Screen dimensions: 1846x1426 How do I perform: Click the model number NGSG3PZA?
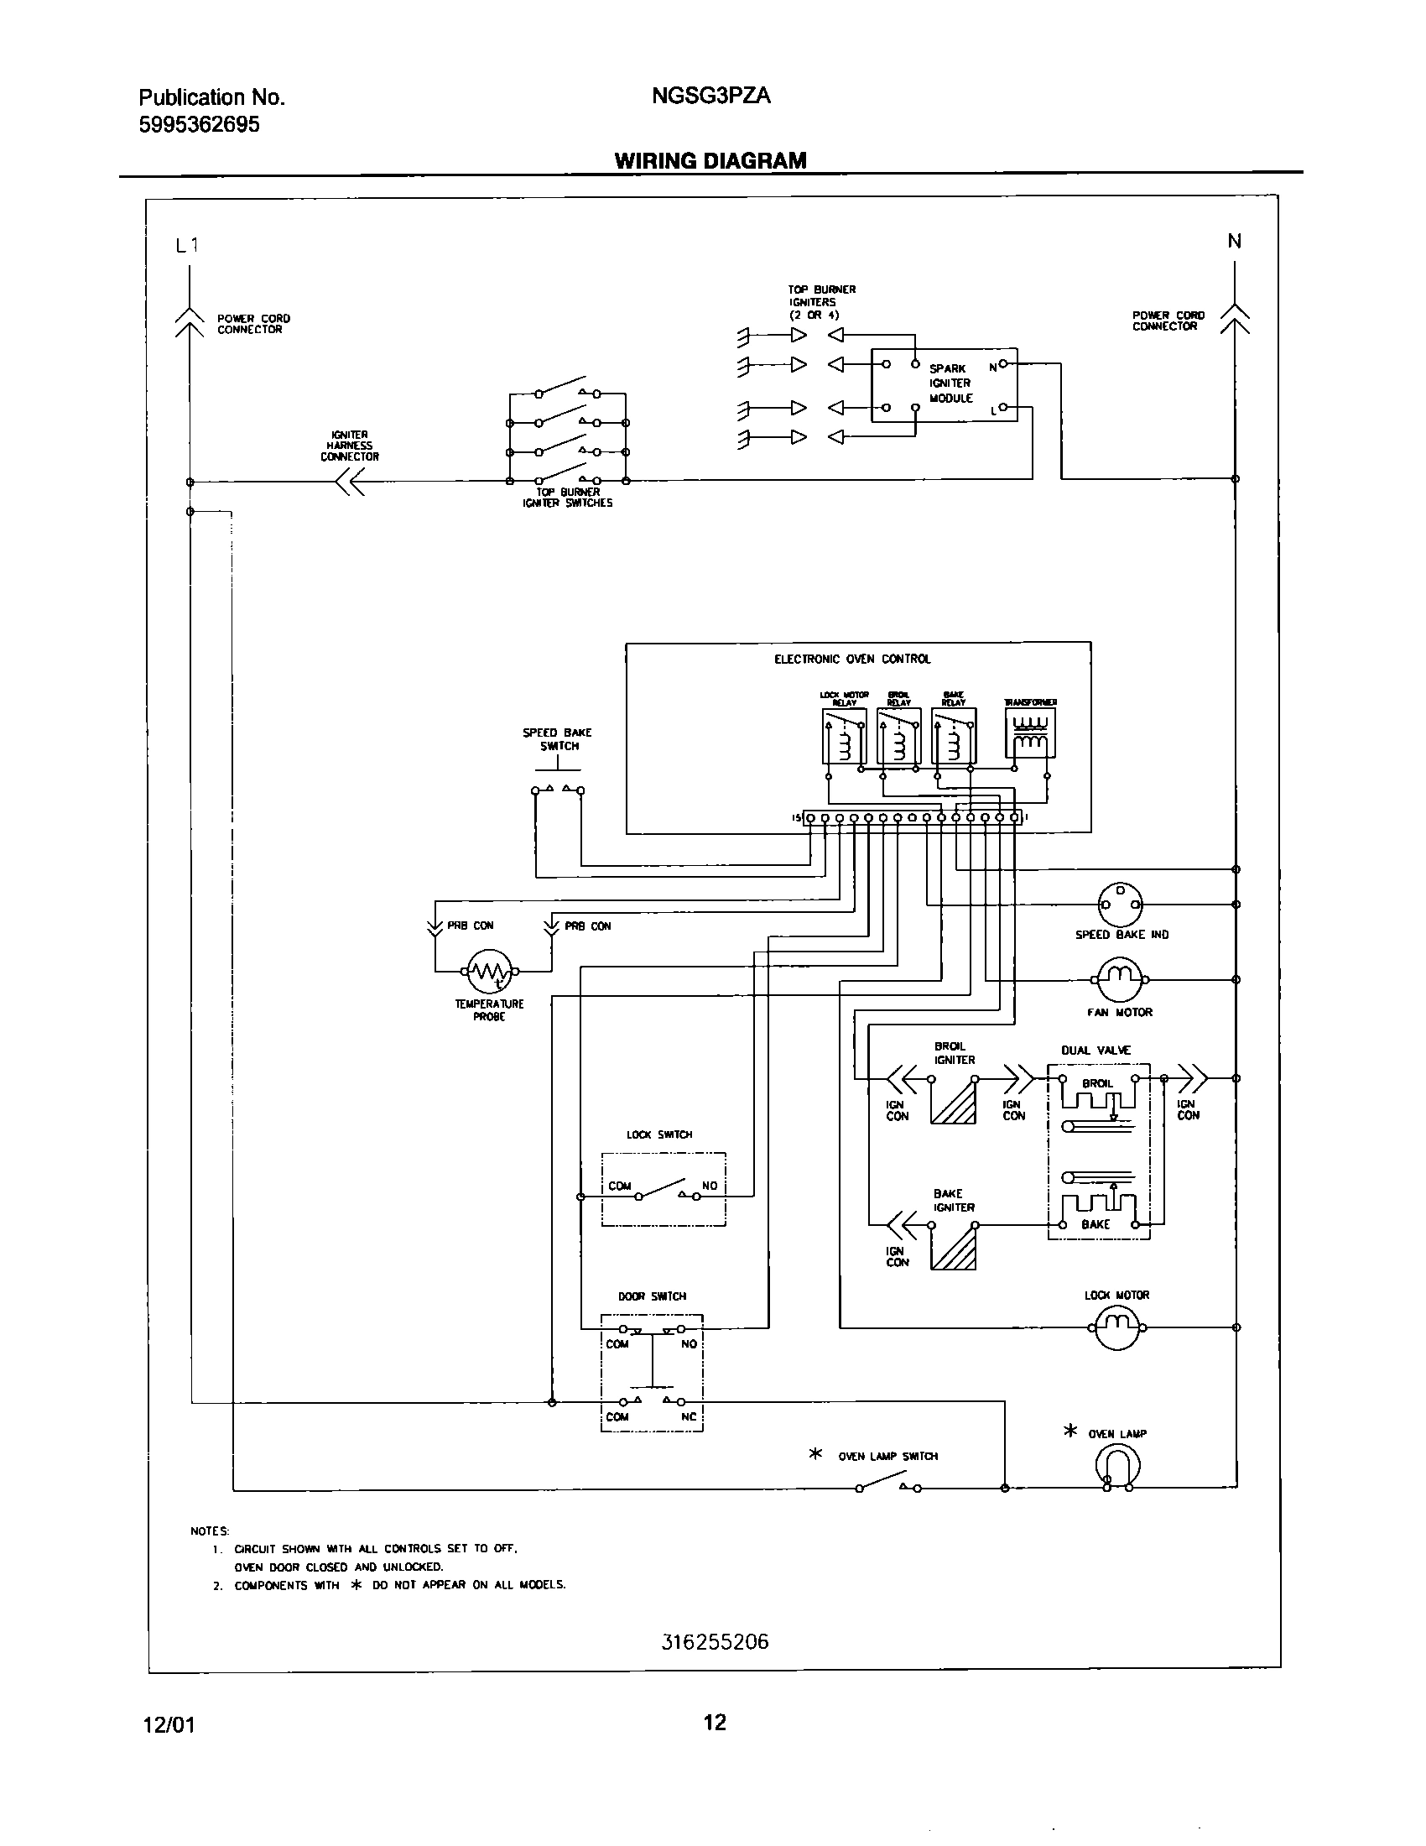(x=710, y=96)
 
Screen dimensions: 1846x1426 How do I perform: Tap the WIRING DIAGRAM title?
(x=710, y=160)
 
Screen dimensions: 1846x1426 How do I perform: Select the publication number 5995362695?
(x=200, y=125)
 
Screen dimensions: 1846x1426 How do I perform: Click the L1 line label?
(x=187, y=246)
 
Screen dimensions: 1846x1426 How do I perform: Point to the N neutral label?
(x=1234, y=242)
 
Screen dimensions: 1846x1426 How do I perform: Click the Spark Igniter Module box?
(x=945, y=384)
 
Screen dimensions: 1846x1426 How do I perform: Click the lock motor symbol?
(x=1116, y=1327)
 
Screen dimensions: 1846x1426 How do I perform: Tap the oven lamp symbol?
(x=1116, y=1464)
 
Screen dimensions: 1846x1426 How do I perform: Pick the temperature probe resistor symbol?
(x=490, y=971)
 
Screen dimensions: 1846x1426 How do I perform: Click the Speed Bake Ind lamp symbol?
(x=1119, y=905)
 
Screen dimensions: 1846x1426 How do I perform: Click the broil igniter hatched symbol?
(x=953, y=1103)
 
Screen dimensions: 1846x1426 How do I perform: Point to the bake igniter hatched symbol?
(x=953, y=1248)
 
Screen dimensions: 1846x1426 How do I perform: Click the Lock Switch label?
(x=659, y=1135)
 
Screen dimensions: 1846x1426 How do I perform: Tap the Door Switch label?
(x=652, y=1296)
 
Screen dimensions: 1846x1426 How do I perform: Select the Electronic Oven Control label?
(x=851, y=659)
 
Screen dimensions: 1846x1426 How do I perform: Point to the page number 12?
(x=715, y=1722)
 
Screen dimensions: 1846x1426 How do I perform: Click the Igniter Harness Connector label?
(x=349, y=446)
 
